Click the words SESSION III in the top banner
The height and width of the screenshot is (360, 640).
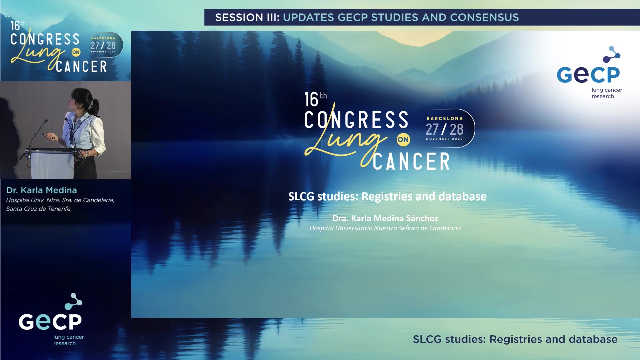247,17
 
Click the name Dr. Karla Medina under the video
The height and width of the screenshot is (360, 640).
42,190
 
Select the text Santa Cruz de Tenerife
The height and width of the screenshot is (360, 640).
38,209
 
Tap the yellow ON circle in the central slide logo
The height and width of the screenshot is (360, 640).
403,140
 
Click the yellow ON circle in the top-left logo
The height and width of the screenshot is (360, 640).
76,52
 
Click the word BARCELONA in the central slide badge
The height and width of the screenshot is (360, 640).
445,119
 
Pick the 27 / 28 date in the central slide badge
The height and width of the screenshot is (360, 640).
444,129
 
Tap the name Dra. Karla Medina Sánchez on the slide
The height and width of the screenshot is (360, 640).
385,218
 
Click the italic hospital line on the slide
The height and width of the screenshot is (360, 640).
385,228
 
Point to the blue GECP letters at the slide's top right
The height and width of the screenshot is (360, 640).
588,75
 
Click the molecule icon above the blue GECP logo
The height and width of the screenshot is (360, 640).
612,54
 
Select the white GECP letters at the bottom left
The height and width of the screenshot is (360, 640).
50,322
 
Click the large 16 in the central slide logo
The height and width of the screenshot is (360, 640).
311,100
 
